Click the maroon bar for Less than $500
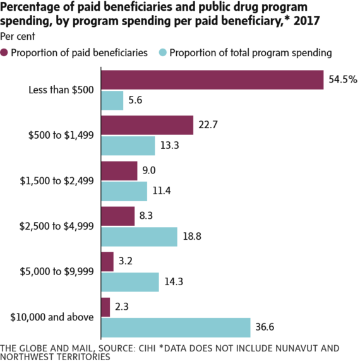pyautogui.click(x=212, y=79)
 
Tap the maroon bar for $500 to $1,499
pyautogui.click(x=147, y=125)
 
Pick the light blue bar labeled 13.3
pyautogui.click(x=128, y=146)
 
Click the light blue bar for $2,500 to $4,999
pyautogui.click(x=139, y=237)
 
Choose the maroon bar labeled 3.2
pyautogui.click(x=107, y=261)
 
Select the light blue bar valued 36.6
pyautogui.click(x=176, y=327)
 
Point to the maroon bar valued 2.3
pyautogui.click(x=105, y=307)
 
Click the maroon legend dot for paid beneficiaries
pyautogui.click(x=6, y=52)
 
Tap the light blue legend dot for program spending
pyautogui.click(x=162, y=52)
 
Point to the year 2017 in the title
pyautogui.click(x=311, y=22)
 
